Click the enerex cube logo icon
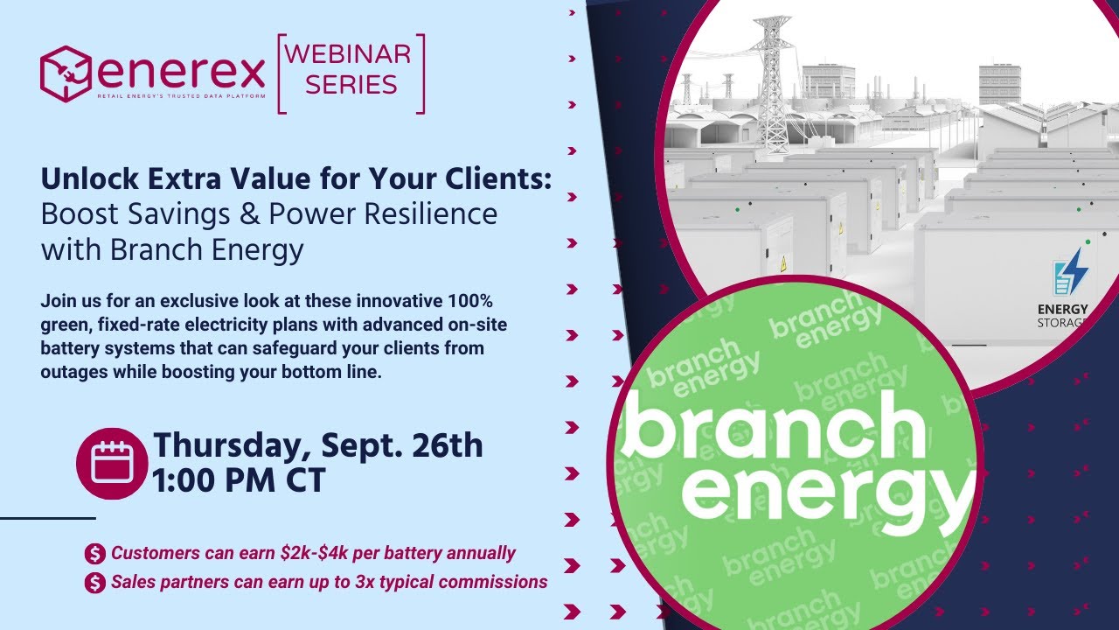tap(66, 73)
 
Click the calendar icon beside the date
tap(112, 463)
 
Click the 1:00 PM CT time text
tap(239, 480)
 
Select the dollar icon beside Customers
tap(94, 554)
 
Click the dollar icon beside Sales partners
tap(94, 583)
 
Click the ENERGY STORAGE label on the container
tap(1062, 316)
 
